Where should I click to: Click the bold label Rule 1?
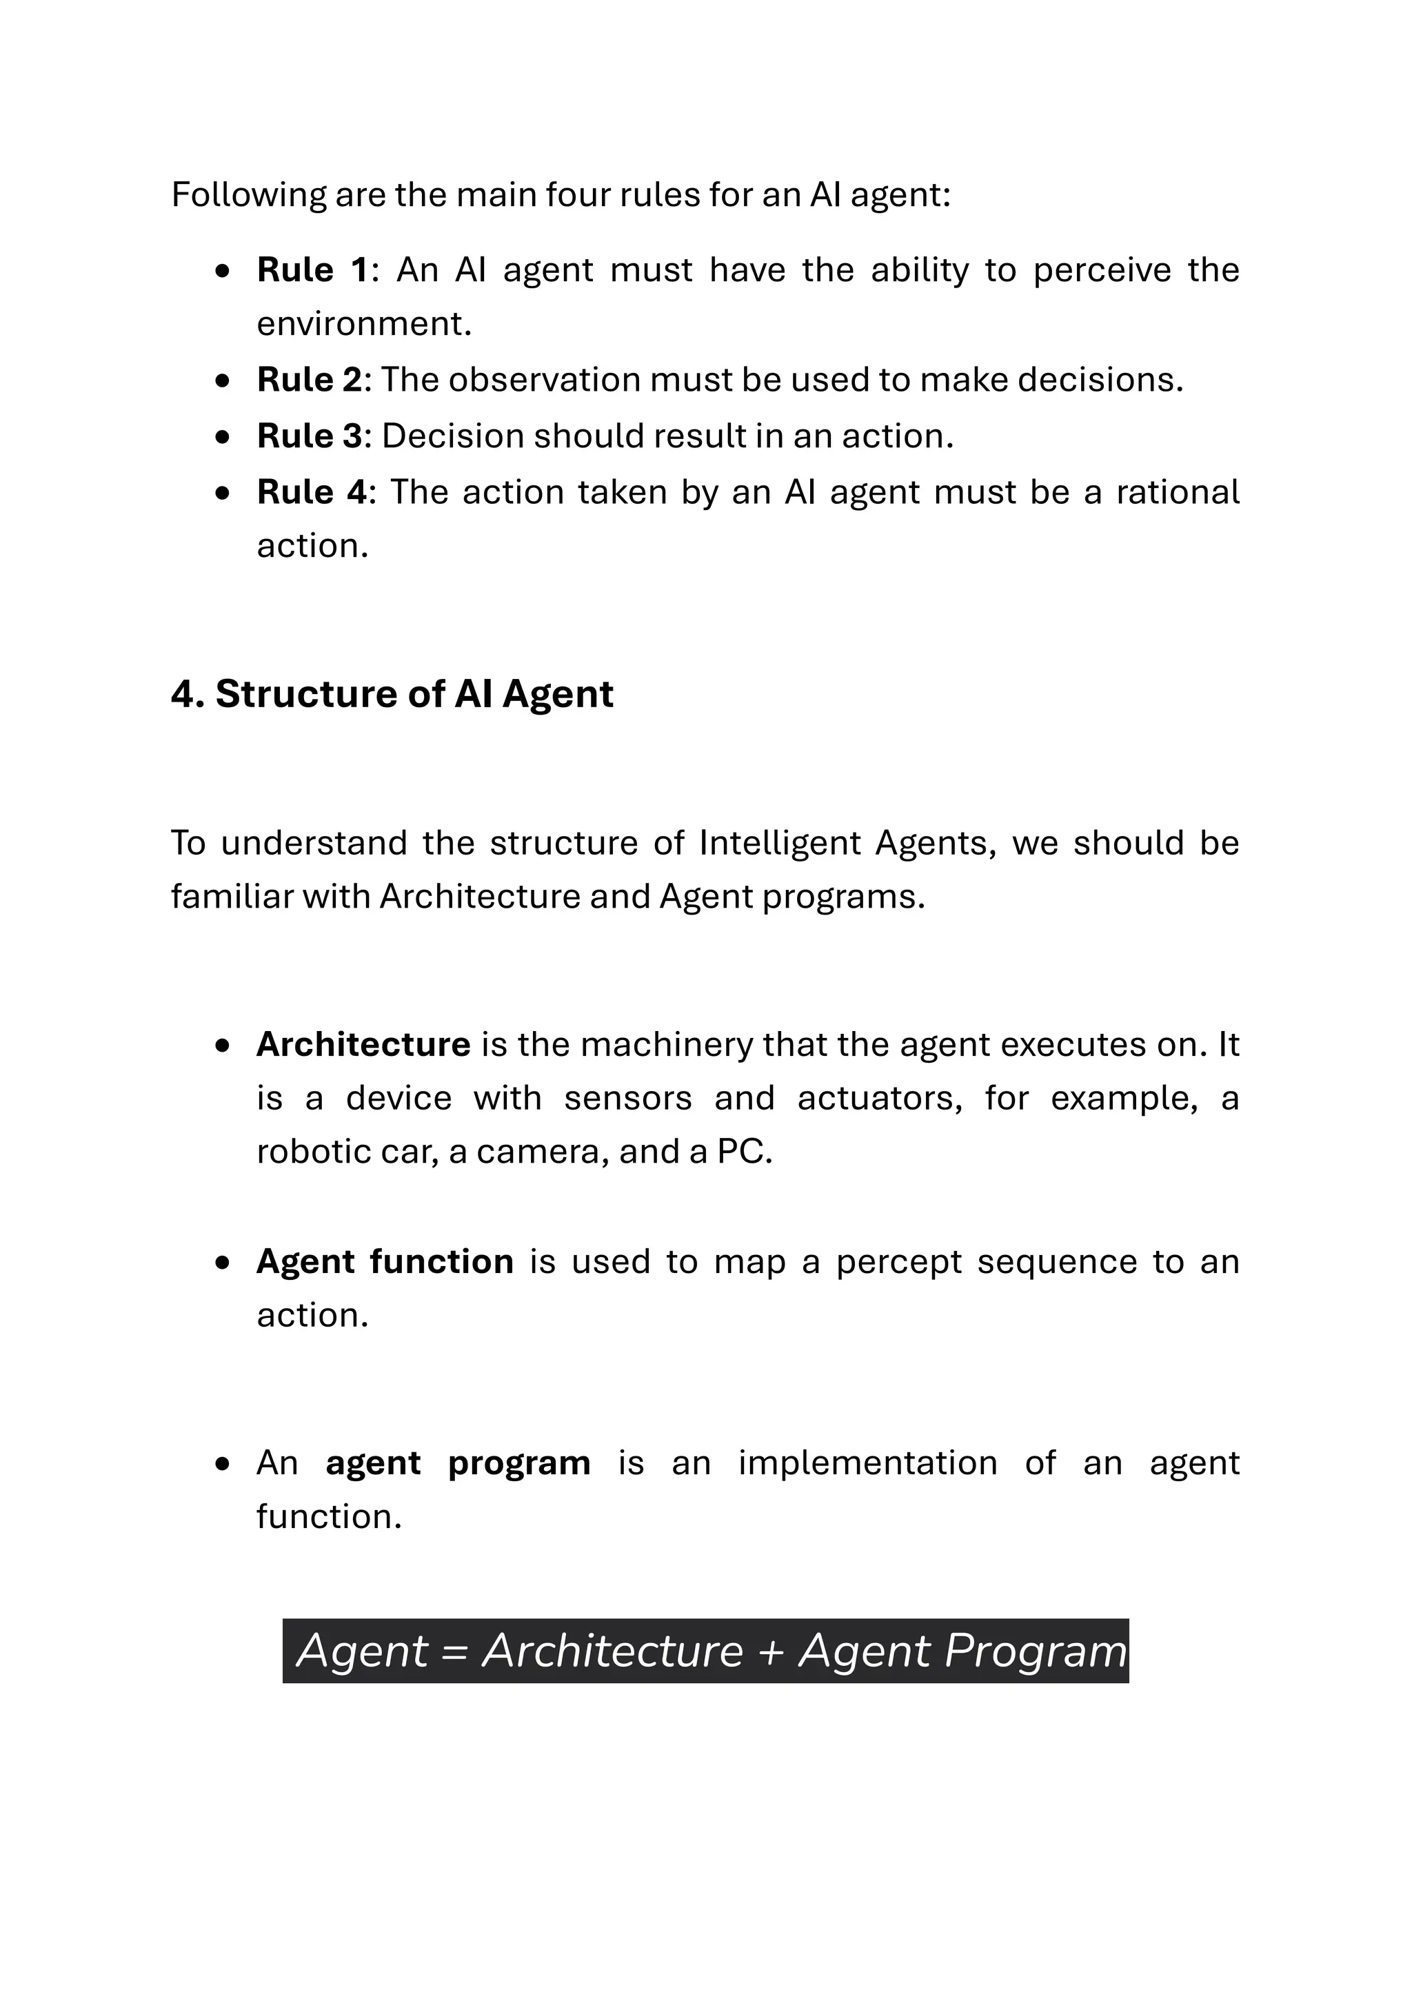tap(312, 270)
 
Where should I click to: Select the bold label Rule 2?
tap(309, 380)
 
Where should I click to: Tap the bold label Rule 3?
tap(309, 436)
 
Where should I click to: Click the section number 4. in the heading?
tap(187, 695)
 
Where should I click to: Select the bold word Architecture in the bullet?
tap(363, 1044)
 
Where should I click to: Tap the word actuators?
tap(879, 1098)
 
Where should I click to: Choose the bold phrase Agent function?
tap(384, 1261)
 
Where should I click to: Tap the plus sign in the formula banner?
tap(770, 1653)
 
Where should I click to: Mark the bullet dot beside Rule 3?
tap(223, 437)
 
